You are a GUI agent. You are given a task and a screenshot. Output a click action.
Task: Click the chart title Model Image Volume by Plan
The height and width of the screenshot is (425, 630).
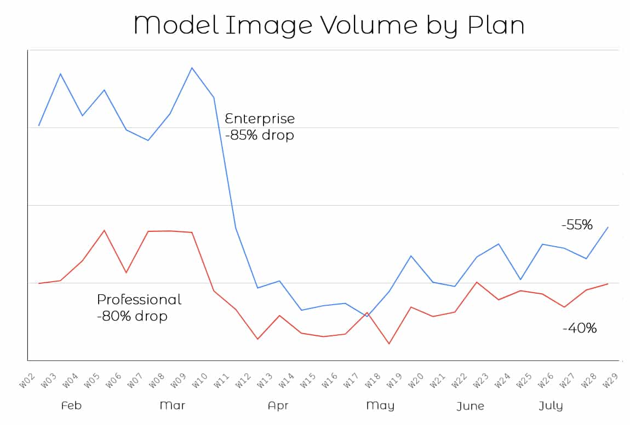point(328,25)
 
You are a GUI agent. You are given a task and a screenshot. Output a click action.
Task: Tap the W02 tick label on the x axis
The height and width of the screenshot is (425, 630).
point(26,381)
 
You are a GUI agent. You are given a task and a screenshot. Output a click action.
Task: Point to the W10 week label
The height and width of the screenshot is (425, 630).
point(201,381)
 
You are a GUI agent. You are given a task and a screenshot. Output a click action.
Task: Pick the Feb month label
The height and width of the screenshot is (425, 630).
point(71,405)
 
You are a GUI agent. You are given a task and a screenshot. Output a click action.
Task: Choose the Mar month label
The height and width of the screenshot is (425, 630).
point(172,405)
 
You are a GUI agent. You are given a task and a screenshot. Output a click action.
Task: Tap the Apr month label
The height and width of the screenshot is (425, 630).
point(278,405)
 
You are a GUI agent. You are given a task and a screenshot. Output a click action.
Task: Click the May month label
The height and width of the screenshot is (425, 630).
point(380,405)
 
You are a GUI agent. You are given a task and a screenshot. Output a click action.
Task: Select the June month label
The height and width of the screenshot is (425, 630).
point(470,406)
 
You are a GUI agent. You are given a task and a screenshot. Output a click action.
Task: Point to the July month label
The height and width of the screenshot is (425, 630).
point(551,406)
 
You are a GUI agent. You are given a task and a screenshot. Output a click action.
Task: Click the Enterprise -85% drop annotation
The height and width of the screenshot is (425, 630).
point(260,126)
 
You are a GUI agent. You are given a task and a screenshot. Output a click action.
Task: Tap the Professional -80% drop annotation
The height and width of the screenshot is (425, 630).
point(139,307)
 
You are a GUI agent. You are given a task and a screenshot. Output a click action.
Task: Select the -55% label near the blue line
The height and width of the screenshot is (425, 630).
point(577,224)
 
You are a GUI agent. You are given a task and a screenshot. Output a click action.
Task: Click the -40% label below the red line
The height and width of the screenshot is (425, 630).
point(579,328)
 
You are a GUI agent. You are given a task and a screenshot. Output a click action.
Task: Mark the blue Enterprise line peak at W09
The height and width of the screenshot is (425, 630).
point(192,68)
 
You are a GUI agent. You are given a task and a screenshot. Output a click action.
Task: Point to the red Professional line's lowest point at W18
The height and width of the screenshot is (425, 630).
point(389,344)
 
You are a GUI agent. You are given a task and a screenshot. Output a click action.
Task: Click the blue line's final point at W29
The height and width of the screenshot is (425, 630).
point(608,227)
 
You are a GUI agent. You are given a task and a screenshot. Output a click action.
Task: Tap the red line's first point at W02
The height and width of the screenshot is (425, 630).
point(39,283)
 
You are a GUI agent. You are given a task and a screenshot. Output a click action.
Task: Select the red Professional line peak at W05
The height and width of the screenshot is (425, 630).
point(104,230)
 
